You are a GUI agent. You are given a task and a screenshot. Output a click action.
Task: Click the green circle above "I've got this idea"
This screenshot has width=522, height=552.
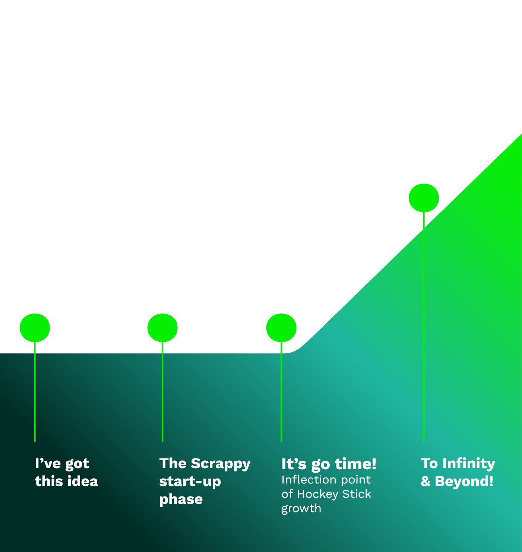35,328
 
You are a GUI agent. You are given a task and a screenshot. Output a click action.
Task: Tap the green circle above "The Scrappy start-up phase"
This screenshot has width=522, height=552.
162,328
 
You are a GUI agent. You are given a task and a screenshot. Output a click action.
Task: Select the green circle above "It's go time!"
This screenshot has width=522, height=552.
281,328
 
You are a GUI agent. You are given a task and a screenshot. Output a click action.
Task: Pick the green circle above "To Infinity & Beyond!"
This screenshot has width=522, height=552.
424,198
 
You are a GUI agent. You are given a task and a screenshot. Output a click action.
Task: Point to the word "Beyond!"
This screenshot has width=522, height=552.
464,482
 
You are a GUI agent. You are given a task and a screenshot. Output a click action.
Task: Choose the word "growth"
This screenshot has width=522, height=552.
301,509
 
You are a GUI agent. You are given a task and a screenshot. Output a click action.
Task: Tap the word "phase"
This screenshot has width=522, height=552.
181,499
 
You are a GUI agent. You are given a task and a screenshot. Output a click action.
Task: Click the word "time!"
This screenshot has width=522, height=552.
355,464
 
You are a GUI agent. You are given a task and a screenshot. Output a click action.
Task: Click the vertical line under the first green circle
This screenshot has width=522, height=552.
35,391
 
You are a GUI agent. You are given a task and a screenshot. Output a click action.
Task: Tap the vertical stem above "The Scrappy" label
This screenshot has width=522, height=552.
162,391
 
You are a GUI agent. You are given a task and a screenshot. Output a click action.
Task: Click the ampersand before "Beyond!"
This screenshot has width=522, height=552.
425,482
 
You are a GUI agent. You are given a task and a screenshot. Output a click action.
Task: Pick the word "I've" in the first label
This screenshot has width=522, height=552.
48,464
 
